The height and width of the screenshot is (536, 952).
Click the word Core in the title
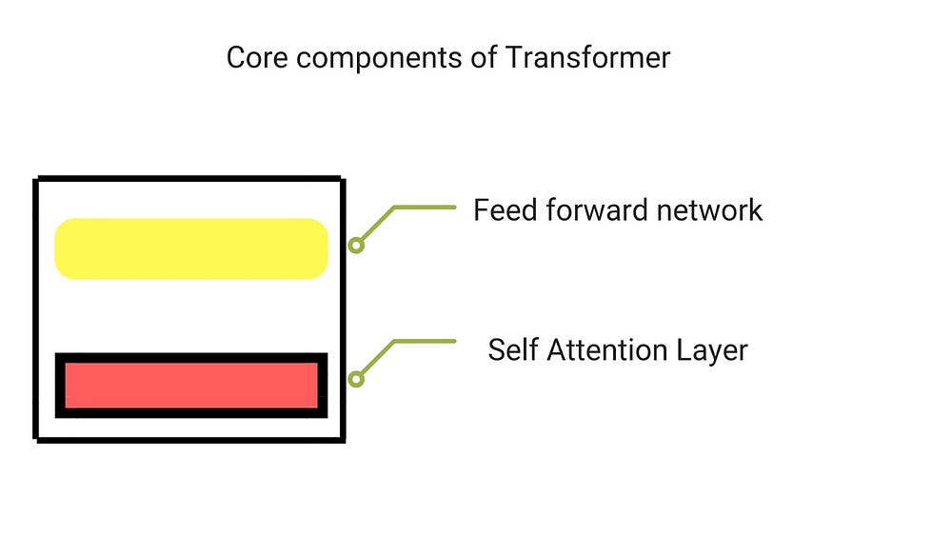257,58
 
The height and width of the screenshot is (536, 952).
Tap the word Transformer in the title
587,58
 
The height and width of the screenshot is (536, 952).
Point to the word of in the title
484,58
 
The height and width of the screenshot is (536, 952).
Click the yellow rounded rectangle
191,248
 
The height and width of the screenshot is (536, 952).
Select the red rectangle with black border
191,386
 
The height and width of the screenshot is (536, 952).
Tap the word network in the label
710,210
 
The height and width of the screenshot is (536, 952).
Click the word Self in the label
513,349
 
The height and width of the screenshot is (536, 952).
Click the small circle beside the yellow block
356,246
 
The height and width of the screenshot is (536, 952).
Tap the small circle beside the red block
356,379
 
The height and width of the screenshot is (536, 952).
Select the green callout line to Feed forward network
395,208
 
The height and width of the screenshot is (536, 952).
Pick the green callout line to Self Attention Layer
395,342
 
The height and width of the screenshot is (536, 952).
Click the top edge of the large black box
189,178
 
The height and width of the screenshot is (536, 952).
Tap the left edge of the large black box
36,309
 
